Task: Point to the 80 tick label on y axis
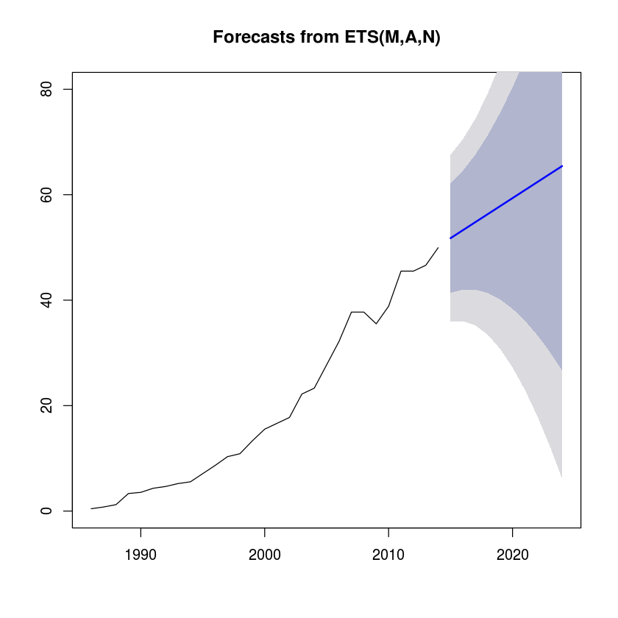pyautogui.click(x=46, y=89)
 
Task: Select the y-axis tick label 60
pyautogui.click(x=46, y=195)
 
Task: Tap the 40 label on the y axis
pyautogui.click(x=46, y=300)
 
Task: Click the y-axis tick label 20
pyautogui.click(x=46, y=405)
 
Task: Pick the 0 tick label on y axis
pyautogui.click(x=46, y=511)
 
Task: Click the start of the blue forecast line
pyautogui.click(x=450, y=238)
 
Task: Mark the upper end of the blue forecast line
pyautogui.click(x=562, y=166)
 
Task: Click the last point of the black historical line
pyautogui.click(x=438, y=247)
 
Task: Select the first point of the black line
pyautogui.click(x=91, y=508)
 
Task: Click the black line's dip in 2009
pyautogui.click(x=377, y=324)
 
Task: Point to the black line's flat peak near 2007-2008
pyautogui.click(x=358, y=312)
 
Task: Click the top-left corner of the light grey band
pyautogui.click(x=450, y=155)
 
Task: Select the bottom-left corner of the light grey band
pyautogui.click(x=450, y=322)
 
